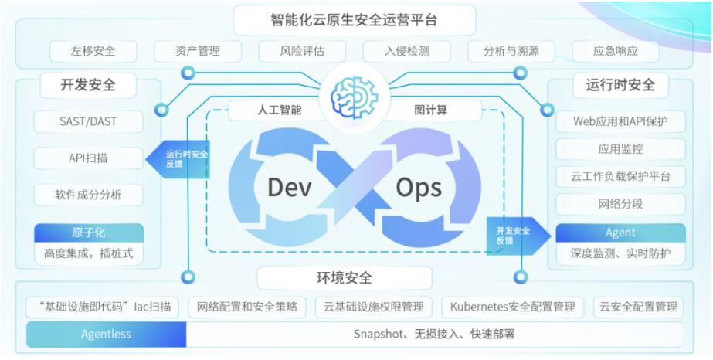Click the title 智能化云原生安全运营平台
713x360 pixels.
pos(355,20)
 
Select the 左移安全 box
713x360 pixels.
pos(93,51)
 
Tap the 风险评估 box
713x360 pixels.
pos(302,51)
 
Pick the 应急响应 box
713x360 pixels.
pos(616,51)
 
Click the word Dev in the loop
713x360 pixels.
pos(290,187)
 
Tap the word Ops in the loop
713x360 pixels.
pos(419,188)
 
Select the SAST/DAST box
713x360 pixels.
pos(88,122)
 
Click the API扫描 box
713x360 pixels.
pos(88,158)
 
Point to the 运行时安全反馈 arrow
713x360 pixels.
pos(178,159)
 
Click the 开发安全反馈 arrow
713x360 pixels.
pos(519,236)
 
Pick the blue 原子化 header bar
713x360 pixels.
pos(89,233)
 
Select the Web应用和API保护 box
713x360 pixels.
pos(621,122)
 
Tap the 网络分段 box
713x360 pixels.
pos(621,204)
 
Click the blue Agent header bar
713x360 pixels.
pos(621,233)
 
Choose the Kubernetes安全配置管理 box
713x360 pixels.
pos(513,307)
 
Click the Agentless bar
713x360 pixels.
pos(106,334)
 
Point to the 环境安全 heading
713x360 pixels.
pos(345,278)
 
